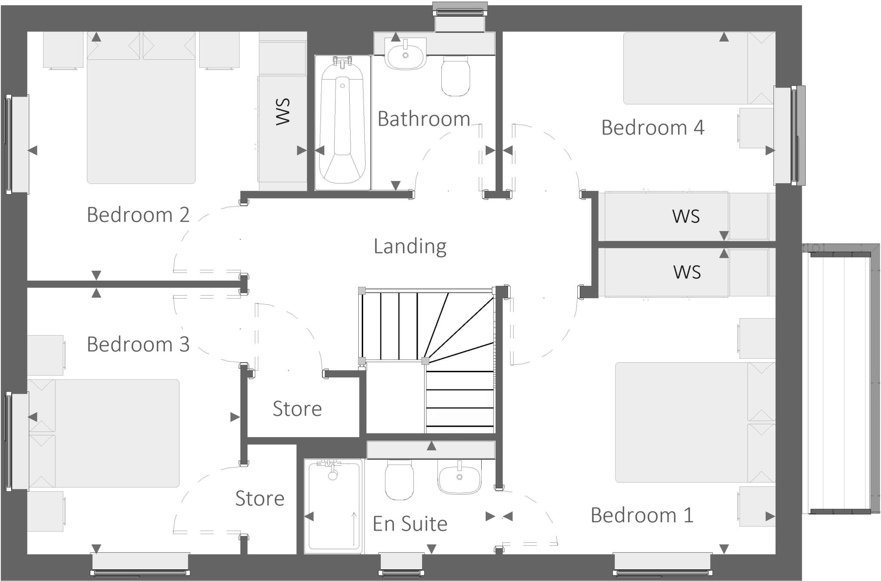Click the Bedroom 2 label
(138, 214)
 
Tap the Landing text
(410, 246)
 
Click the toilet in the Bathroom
(456, 77)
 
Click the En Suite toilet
(399, 479)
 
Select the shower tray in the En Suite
(333, 507)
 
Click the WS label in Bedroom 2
(283, 112)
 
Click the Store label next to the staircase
(297, 409)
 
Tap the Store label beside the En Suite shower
(259, 498)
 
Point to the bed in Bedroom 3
(108, 433)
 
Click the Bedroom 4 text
(652, 128)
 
